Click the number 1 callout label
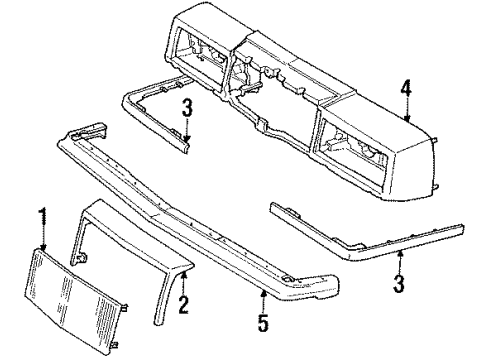(43, 214)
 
